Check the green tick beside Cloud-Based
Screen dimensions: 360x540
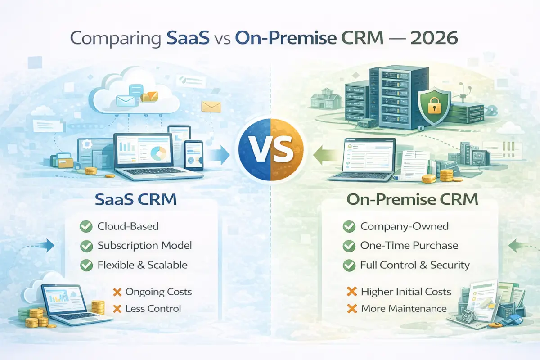coord(85,226)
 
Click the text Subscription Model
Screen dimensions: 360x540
coord(144,246)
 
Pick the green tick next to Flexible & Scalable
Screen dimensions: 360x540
coord(85,265)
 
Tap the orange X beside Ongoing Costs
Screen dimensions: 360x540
coord(117,292)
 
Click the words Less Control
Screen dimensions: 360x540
coord(153,308)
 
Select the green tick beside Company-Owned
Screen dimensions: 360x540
coord(348,226)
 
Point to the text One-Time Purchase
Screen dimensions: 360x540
coord(409,246)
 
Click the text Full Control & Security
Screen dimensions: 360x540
coord(415,265)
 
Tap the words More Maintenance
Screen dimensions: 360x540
coord(404,308)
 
